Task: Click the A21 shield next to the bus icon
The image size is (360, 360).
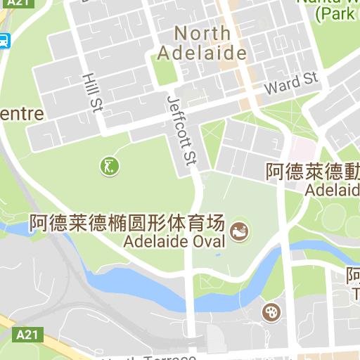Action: [x=22, y=4]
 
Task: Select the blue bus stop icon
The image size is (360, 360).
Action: [x=4, y=40]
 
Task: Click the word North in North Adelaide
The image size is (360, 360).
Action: [x=202, y=33]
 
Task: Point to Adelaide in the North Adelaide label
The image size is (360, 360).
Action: [x=202, y=53]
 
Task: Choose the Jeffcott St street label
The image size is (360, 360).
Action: [x=181, y=130]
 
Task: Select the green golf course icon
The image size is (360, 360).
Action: [x=109, y=166]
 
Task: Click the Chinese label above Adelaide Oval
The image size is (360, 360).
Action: [x=127, y=224]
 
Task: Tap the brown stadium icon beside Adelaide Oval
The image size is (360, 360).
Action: [x=240, y=229]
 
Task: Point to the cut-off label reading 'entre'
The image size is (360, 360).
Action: [x=21, y=114]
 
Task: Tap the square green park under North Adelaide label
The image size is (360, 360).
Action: [x=163, y=71]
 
